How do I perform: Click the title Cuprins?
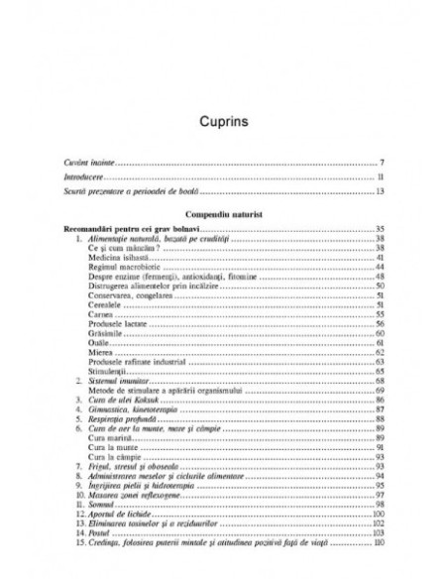click(x=224, y=127)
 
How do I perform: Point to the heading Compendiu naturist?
click(x=224, y=213)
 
